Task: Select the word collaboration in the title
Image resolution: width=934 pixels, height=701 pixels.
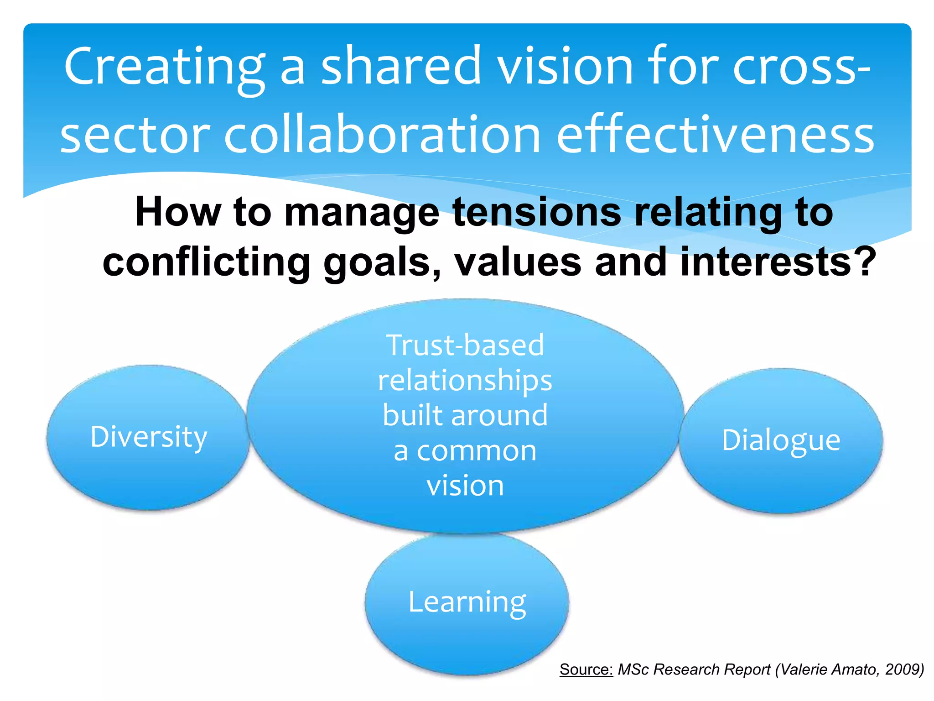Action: [382, 135]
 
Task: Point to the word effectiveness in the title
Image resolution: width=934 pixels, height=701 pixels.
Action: [716, 135]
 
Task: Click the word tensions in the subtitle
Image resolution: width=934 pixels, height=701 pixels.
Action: [537, 212]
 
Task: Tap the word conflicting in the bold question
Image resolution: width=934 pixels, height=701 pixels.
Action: [206, 262]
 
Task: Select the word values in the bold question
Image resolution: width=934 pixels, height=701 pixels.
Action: [518, 262]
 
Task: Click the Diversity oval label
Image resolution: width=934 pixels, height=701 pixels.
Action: [149, 437]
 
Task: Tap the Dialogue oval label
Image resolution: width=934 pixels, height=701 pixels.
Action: [781, 440]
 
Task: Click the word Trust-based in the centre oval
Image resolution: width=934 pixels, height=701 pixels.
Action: [465, 345]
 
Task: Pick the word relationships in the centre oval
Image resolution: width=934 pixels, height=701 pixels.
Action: [465, 381]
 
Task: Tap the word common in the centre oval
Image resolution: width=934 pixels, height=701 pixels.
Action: [477, 451]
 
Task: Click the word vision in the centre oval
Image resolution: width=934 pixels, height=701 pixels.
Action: [465, 486]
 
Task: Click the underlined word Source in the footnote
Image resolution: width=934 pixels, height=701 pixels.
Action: [586, 670]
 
